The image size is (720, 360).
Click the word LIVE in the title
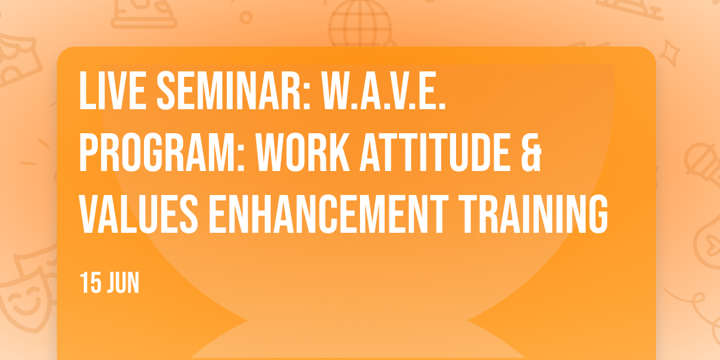point(113,91)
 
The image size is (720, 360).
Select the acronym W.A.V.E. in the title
point(383,91)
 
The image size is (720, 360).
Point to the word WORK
point(302,152)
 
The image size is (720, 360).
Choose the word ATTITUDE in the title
point(435,152)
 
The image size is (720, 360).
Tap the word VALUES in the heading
point(139,214)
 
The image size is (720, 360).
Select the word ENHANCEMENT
point(329,214)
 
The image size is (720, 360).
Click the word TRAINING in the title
point(533,214)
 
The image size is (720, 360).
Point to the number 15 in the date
point(91,283)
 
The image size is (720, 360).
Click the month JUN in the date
point(123,283)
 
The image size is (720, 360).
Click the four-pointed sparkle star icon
point(670,52)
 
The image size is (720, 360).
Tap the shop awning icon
point(17,59)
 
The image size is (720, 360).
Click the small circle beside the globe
point(246,17)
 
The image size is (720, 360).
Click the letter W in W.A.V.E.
point(335,91)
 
